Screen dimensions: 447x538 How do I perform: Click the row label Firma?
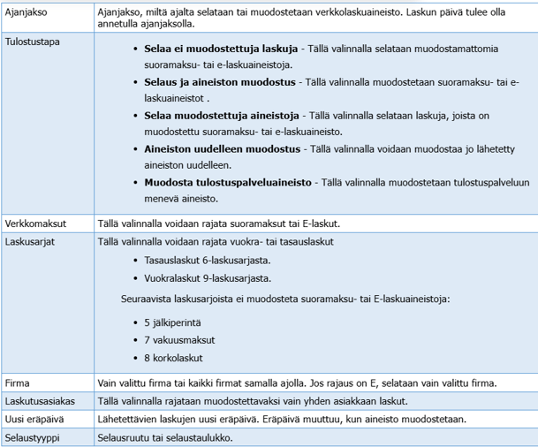click(19, 383)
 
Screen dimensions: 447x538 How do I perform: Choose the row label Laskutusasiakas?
click(39, 401)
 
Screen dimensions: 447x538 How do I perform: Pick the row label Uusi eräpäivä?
click(34, 420)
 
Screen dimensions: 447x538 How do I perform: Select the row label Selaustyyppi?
click(33, 437)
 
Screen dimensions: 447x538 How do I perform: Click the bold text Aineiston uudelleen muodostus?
click(210, 150)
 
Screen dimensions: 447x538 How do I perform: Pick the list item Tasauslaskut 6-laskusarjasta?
click(207, 261)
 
